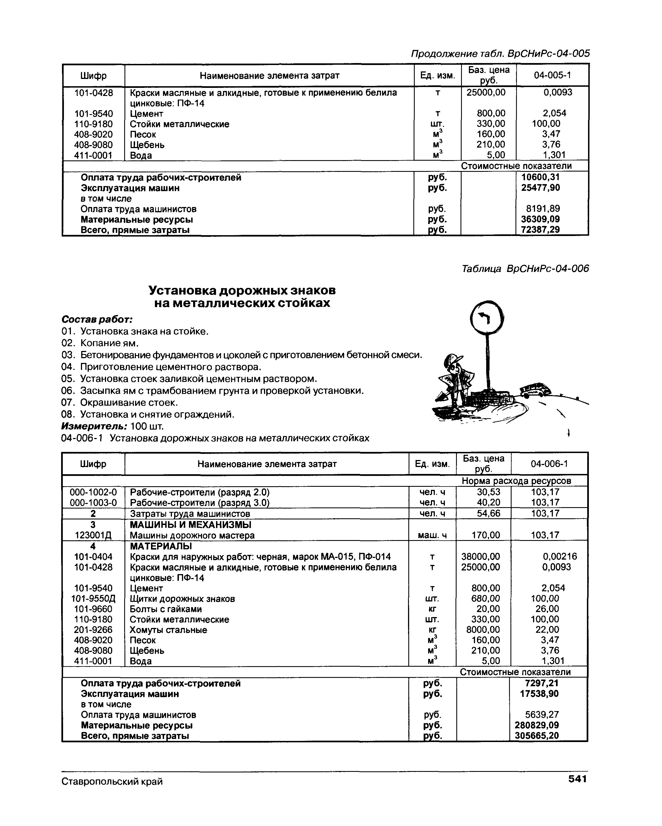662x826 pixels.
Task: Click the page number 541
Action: pyautogui.click(x=577, y=779)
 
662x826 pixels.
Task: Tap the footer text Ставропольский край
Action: pyautogui.click(x=112, y=781)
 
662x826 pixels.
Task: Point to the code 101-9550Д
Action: pyautogui.click(x=93, y=599)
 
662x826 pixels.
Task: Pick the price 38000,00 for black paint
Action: pyautogui.click(x=480, y=557)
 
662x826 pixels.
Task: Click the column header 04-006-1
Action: pyautogui.click(x=549, y=464)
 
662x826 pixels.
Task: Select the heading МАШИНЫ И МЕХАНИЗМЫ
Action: pyautogui.click(x=191, y=524)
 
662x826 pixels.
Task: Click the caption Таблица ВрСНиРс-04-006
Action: pyautogui.click(x=525, y=269)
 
